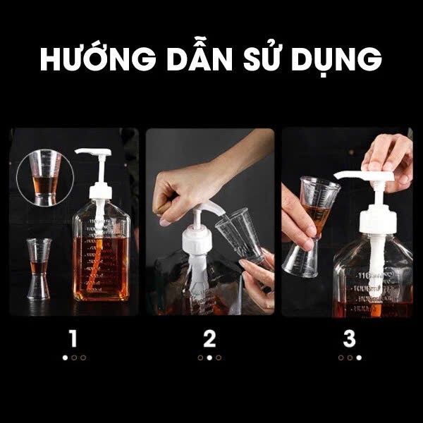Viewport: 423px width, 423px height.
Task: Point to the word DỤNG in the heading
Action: pos(336,60)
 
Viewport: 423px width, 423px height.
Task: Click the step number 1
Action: pos(73,338)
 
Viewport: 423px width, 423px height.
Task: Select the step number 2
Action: pos(209,338)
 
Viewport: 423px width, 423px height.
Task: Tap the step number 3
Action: pos(350,338)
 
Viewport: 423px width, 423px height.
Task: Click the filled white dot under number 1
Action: pos(65,357)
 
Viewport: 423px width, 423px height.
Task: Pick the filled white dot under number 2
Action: pos(209,357)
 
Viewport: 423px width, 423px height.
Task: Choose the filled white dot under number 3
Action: pos(359,357)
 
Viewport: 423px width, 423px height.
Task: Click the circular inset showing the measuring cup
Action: pos(45,178)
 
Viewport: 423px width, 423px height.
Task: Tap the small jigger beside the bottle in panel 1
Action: pos(39,269)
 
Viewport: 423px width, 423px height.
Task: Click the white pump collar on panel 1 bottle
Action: pos(101,191)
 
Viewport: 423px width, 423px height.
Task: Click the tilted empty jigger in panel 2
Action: pos(240,235)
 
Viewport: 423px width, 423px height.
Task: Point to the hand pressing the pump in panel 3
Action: pos(388,159)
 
